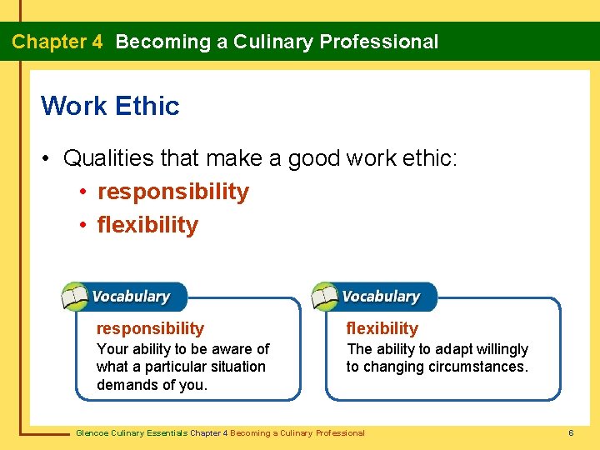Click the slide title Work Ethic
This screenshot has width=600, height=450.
click(x=110, y=106)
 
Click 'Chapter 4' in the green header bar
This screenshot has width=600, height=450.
click(x=57, y=42)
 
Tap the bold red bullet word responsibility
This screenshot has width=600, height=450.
click(x=172, y=192)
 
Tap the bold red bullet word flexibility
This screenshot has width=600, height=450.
click(x=147, y=225)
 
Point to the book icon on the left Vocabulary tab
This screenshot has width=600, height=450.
click(x=75, y=296)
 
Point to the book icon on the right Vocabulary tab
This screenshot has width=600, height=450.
click(x=325, y=296)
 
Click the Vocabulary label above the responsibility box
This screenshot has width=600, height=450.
click(x=131, y=297)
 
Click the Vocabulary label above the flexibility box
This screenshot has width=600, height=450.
click(x=381, y=297)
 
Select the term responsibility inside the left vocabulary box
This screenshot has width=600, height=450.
click(x=150, y=328)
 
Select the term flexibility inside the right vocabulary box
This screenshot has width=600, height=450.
click(x=382, y=328)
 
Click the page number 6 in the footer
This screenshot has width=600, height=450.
click(x=571, y=433)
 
